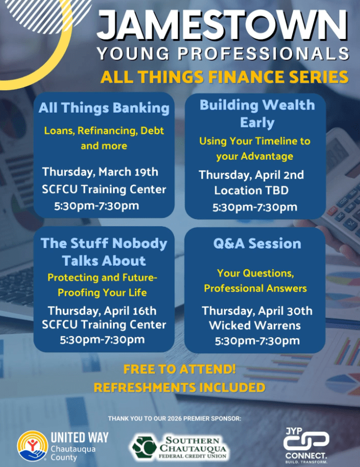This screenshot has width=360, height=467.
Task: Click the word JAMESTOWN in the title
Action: pos(222,24)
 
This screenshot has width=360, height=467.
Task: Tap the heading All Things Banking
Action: pos(104,108)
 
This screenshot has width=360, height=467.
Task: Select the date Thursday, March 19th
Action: pos(100,172)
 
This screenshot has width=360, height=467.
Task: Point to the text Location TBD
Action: pos(251,190)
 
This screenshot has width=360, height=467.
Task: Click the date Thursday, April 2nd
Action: pos(251,175)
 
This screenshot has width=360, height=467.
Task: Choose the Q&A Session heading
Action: pos(257,244)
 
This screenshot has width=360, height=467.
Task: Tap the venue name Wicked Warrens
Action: pos(255,325)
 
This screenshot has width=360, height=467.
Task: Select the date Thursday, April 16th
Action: pos(102,311)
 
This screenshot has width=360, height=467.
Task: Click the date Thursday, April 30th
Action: pos(257,311)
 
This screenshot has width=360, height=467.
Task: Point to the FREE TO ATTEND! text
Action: pos(179,369)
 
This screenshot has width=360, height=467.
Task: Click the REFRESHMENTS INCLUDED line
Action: pos(179,388)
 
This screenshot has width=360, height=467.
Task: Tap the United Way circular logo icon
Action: pos(33,446)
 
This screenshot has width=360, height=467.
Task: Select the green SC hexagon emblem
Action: pos(144,447)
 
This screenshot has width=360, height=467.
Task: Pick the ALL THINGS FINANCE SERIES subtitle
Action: pos(225,77)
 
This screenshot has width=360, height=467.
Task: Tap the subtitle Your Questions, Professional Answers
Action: pos(256,281)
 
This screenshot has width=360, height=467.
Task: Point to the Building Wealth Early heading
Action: pos(257,114)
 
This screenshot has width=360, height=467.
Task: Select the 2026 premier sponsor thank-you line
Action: pos(174,419)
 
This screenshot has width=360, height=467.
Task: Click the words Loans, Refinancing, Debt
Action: pos(104,131)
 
